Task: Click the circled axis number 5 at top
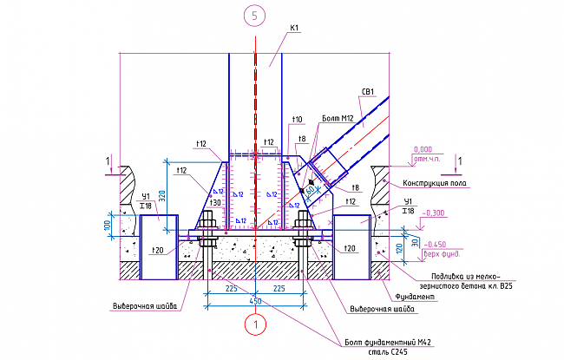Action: point(254,16)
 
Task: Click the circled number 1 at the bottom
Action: point(254,324)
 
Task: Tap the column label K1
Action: point(294,29)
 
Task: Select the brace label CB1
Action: point(368,92)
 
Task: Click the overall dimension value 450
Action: point(254,300)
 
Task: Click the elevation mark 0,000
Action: point(423,149)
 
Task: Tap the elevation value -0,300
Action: point(432,213)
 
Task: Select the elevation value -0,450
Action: point(433,245)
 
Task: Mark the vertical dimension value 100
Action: point(108,225)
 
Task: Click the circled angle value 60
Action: point(310,190)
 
